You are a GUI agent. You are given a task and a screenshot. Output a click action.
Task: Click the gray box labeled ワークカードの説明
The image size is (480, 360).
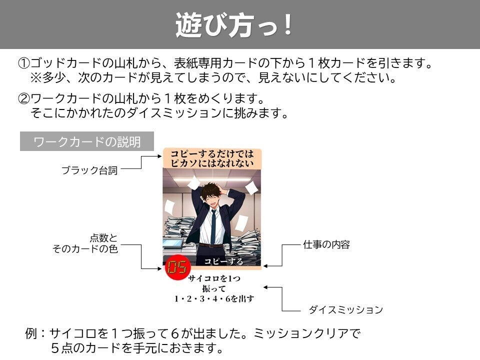click(86, 141)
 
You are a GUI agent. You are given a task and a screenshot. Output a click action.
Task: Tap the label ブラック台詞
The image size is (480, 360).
click(89, 170)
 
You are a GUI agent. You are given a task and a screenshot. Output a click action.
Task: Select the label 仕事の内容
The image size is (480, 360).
click(326, 244)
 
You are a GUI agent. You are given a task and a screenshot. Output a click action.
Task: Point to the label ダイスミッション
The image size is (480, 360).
click(345, 310)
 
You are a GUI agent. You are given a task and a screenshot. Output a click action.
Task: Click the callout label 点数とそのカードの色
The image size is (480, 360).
click(85, 243)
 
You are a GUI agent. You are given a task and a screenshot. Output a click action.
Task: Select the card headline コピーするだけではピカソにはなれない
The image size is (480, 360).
click(212, 158)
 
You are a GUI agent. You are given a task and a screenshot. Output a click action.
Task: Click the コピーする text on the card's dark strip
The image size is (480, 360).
click(223, 261)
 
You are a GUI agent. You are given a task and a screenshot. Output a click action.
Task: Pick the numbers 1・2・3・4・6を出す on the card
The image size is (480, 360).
click(214, 299)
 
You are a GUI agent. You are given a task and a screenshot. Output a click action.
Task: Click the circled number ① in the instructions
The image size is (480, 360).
click(24, 64)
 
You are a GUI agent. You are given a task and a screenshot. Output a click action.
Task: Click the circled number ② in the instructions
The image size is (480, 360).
click(24, 98)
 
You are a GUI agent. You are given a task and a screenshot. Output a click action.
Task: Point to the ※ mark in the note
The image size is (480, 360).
click(35, 79)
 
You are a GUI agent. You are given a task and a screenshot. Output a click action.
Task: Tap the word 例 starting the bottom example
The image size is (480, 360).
click(31, 333)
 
